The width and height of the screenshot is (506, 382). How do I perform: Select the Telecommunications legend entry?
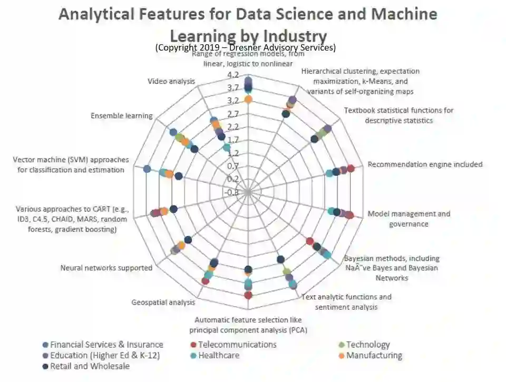(x=237, y=345)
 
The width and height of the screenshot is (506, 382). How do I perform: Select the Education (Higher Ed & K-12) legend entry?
(x=105, y=356)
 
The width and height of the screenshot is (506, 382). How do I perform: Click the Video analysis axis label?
(x=171, y=81)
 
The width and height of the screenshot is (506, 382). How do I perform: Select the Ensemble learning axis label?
(x=122, y=115)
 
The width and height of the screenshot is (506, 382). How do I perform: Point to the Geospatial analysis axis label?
(x=163, y=302)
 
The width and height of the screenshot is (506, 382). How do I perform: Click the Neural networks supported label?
(x=106, y=268)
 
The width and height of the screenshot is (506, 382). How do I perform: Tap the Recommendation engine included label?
(x=425, y=164)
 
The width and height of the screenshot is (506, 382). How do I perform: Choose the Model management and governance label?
(x=409, y=219)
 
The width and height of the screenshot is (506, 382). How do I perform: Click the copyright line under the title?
(x=246, y=47)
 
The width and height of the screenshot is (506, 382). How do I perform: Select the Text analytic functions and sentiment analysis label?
(x=346, y=302)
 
